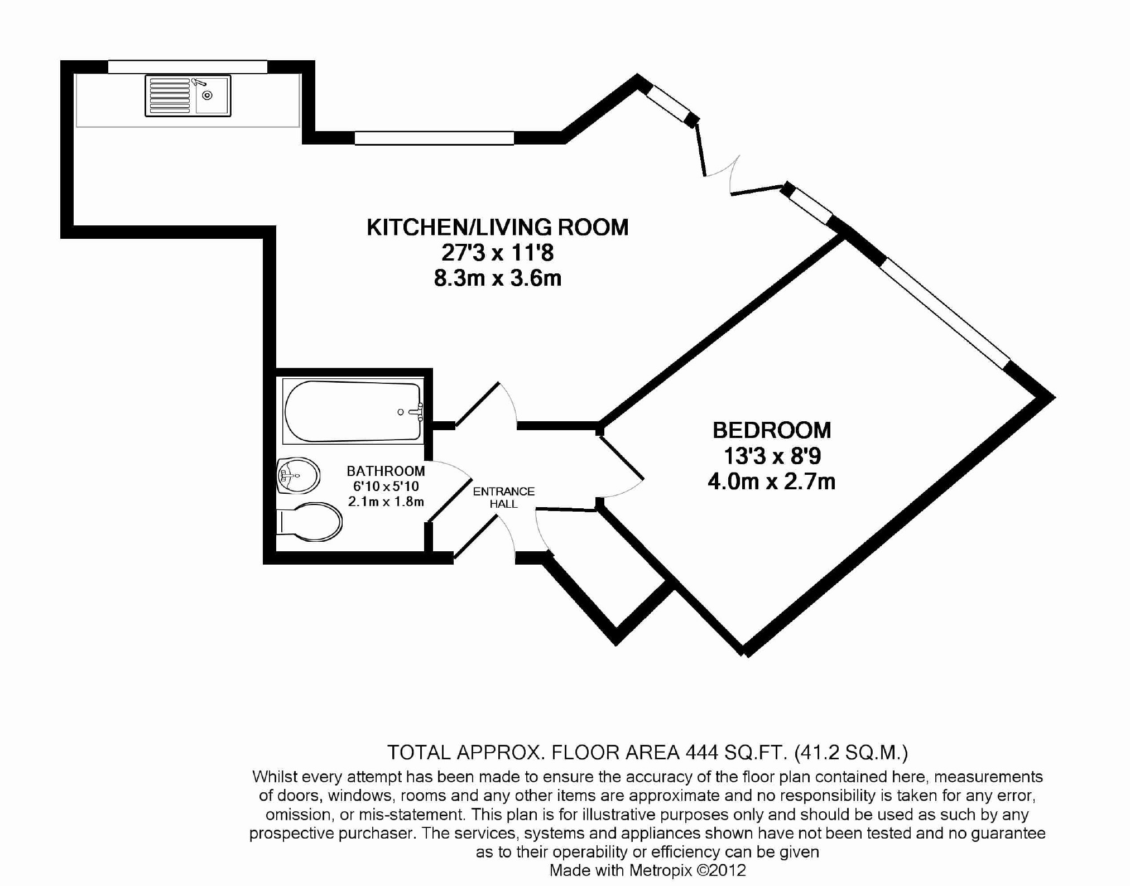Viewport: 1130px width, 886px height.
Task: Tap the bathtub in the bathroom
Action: [352, 412]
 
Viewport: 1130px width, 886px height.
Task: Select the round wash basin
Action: [299, 475]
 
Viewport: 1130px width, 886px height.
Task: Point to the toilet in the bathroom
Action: [310, 522]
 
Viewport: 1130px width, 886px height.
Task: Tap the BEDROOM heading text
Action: [772, 430]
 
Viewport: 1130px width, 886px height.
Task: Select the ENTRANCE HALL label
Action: [503, 497]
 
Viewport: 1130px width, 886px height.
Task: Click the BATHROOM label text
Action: [386, 471]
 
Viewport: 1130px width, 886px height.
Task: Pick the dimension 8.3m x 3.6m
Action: [497, 278]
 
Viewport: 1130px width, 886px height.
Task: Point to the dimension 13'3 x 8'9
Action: [772, 456]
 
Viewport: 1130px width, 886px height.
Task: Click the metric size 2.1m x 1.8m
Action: [386, 502]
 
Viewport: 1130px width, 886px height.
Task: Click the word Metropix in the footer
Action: [661, 870]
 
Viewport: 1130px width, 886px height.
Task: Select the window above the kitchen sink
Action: [187, 67]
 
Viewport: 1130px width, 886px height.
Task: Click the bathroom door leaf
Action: [450, 500]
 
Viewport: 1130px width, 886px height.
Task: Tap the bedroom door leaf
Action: [622, 459]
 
